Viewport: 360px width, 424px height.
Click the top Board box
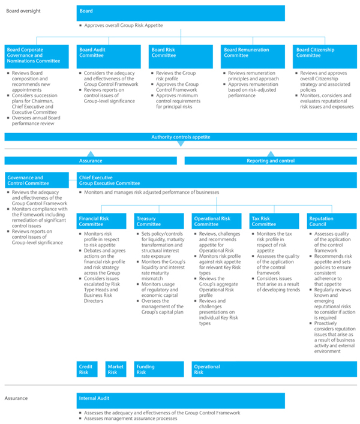coord(181,13)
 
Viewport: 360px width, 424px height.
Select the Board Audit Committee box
coord(109,56)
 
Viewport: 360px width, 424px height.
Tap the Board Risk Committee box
coord(181,56)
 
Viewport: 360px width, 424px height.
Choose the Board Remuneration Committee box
coord(253,56)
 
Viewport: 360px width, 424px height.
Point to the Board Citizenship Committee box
coord(325,56)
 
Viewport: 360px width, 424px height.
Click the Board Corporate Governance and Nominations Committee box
coord(37,56)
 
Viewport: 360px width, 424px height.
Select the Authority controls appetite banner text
coord(181,137)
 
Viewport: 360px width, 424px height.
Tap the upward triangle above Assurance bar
coord(91,154)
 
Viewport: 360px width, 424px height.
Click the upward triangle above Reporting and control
coord(271,154)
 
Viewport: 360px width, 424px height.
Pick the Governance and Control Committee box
coord(37,180)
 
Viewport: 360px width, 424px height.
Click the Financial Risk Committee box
coord(101,221)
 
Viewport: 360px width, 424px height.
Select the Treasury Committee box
coord(159,221)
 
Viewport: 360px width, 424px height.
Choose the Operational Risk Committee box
coord(217,221)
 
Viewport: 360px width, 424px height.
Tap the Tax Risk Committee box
coord(274,221)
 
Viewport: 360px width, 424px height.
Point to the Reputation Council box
coord(332,221)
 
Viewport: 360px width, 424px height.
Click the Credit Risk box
coord(87,369)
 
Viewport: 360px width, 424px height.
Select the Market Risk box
coord(116,369)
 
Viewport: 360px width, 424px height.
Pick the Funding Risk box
coord(159,369)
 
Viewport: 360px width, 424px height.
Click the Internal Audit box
coord(181,401)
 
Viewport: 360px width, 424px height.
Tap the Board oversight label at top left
coord(23,11)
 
